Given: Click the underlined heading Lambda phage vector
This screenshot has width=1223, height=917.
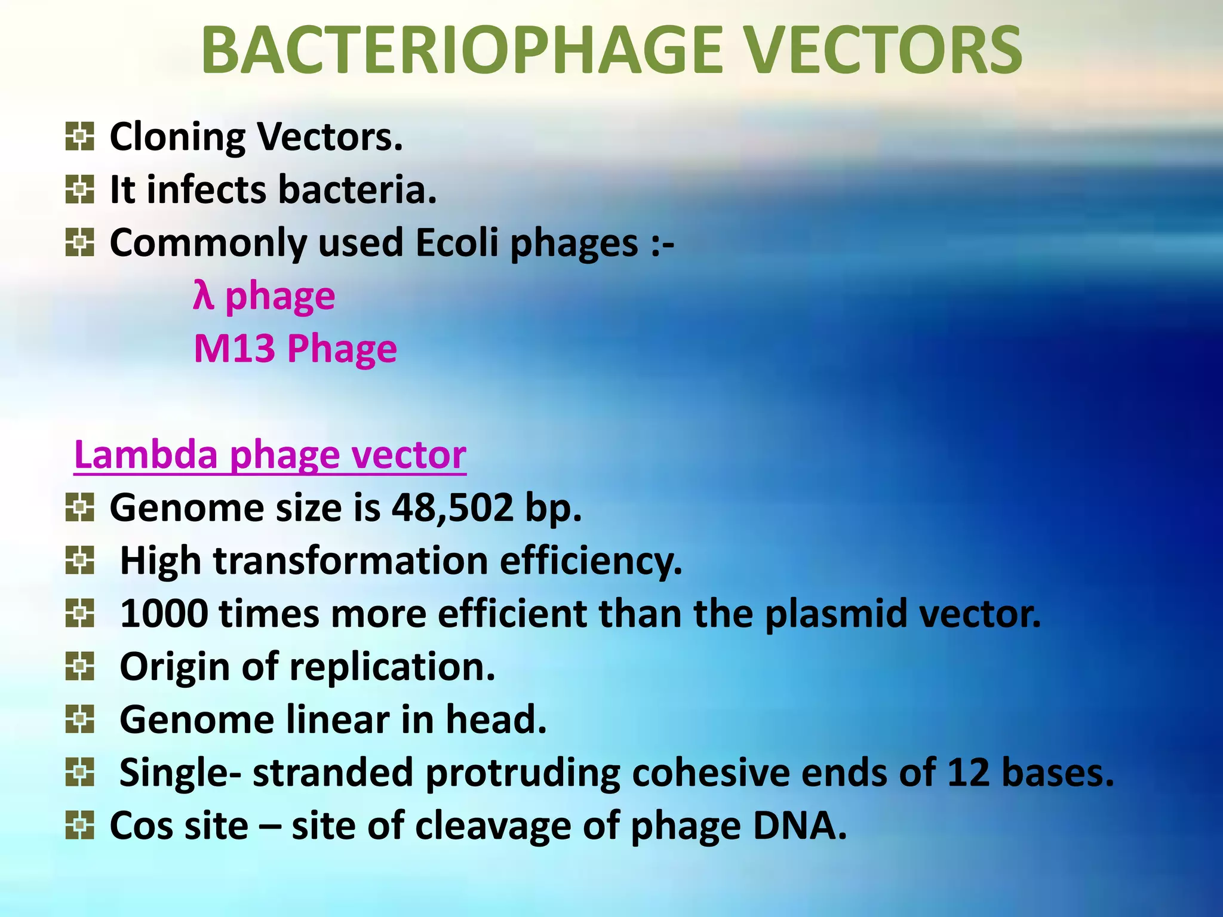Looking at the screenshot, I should [x=270, y=455].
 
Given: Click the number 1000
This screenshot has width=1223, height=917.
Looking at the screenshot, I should [x=164, y=614].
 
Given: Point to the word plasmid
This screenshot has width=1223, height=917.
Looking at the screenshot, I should [x=836, y=614].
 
